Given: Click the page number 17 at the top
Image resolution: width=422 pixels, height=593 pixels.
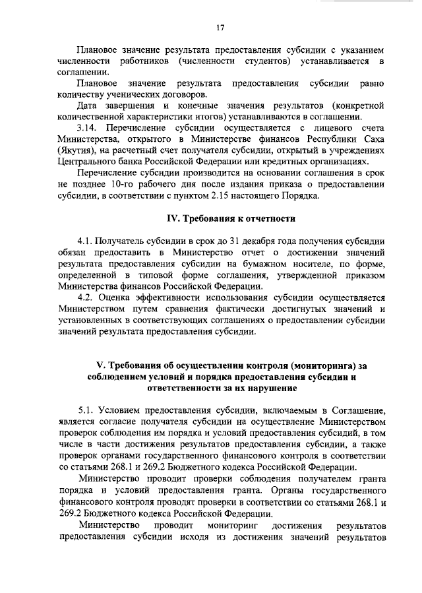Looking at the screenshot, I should tap(220, 27).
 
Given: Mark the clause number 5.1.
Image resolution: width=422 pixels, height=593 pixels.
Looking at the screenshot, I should tap(86, 412).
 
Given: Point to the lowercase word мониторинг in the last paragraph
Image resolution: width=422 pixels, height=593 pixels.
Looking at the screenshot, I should tap(235, 525).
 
